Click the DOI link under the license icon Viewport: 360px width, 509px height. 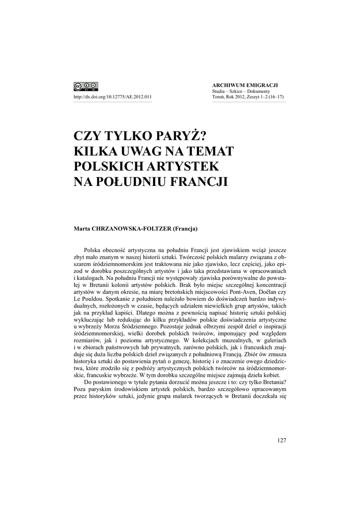112,97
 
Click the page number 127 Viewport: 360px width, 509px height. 280,440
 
